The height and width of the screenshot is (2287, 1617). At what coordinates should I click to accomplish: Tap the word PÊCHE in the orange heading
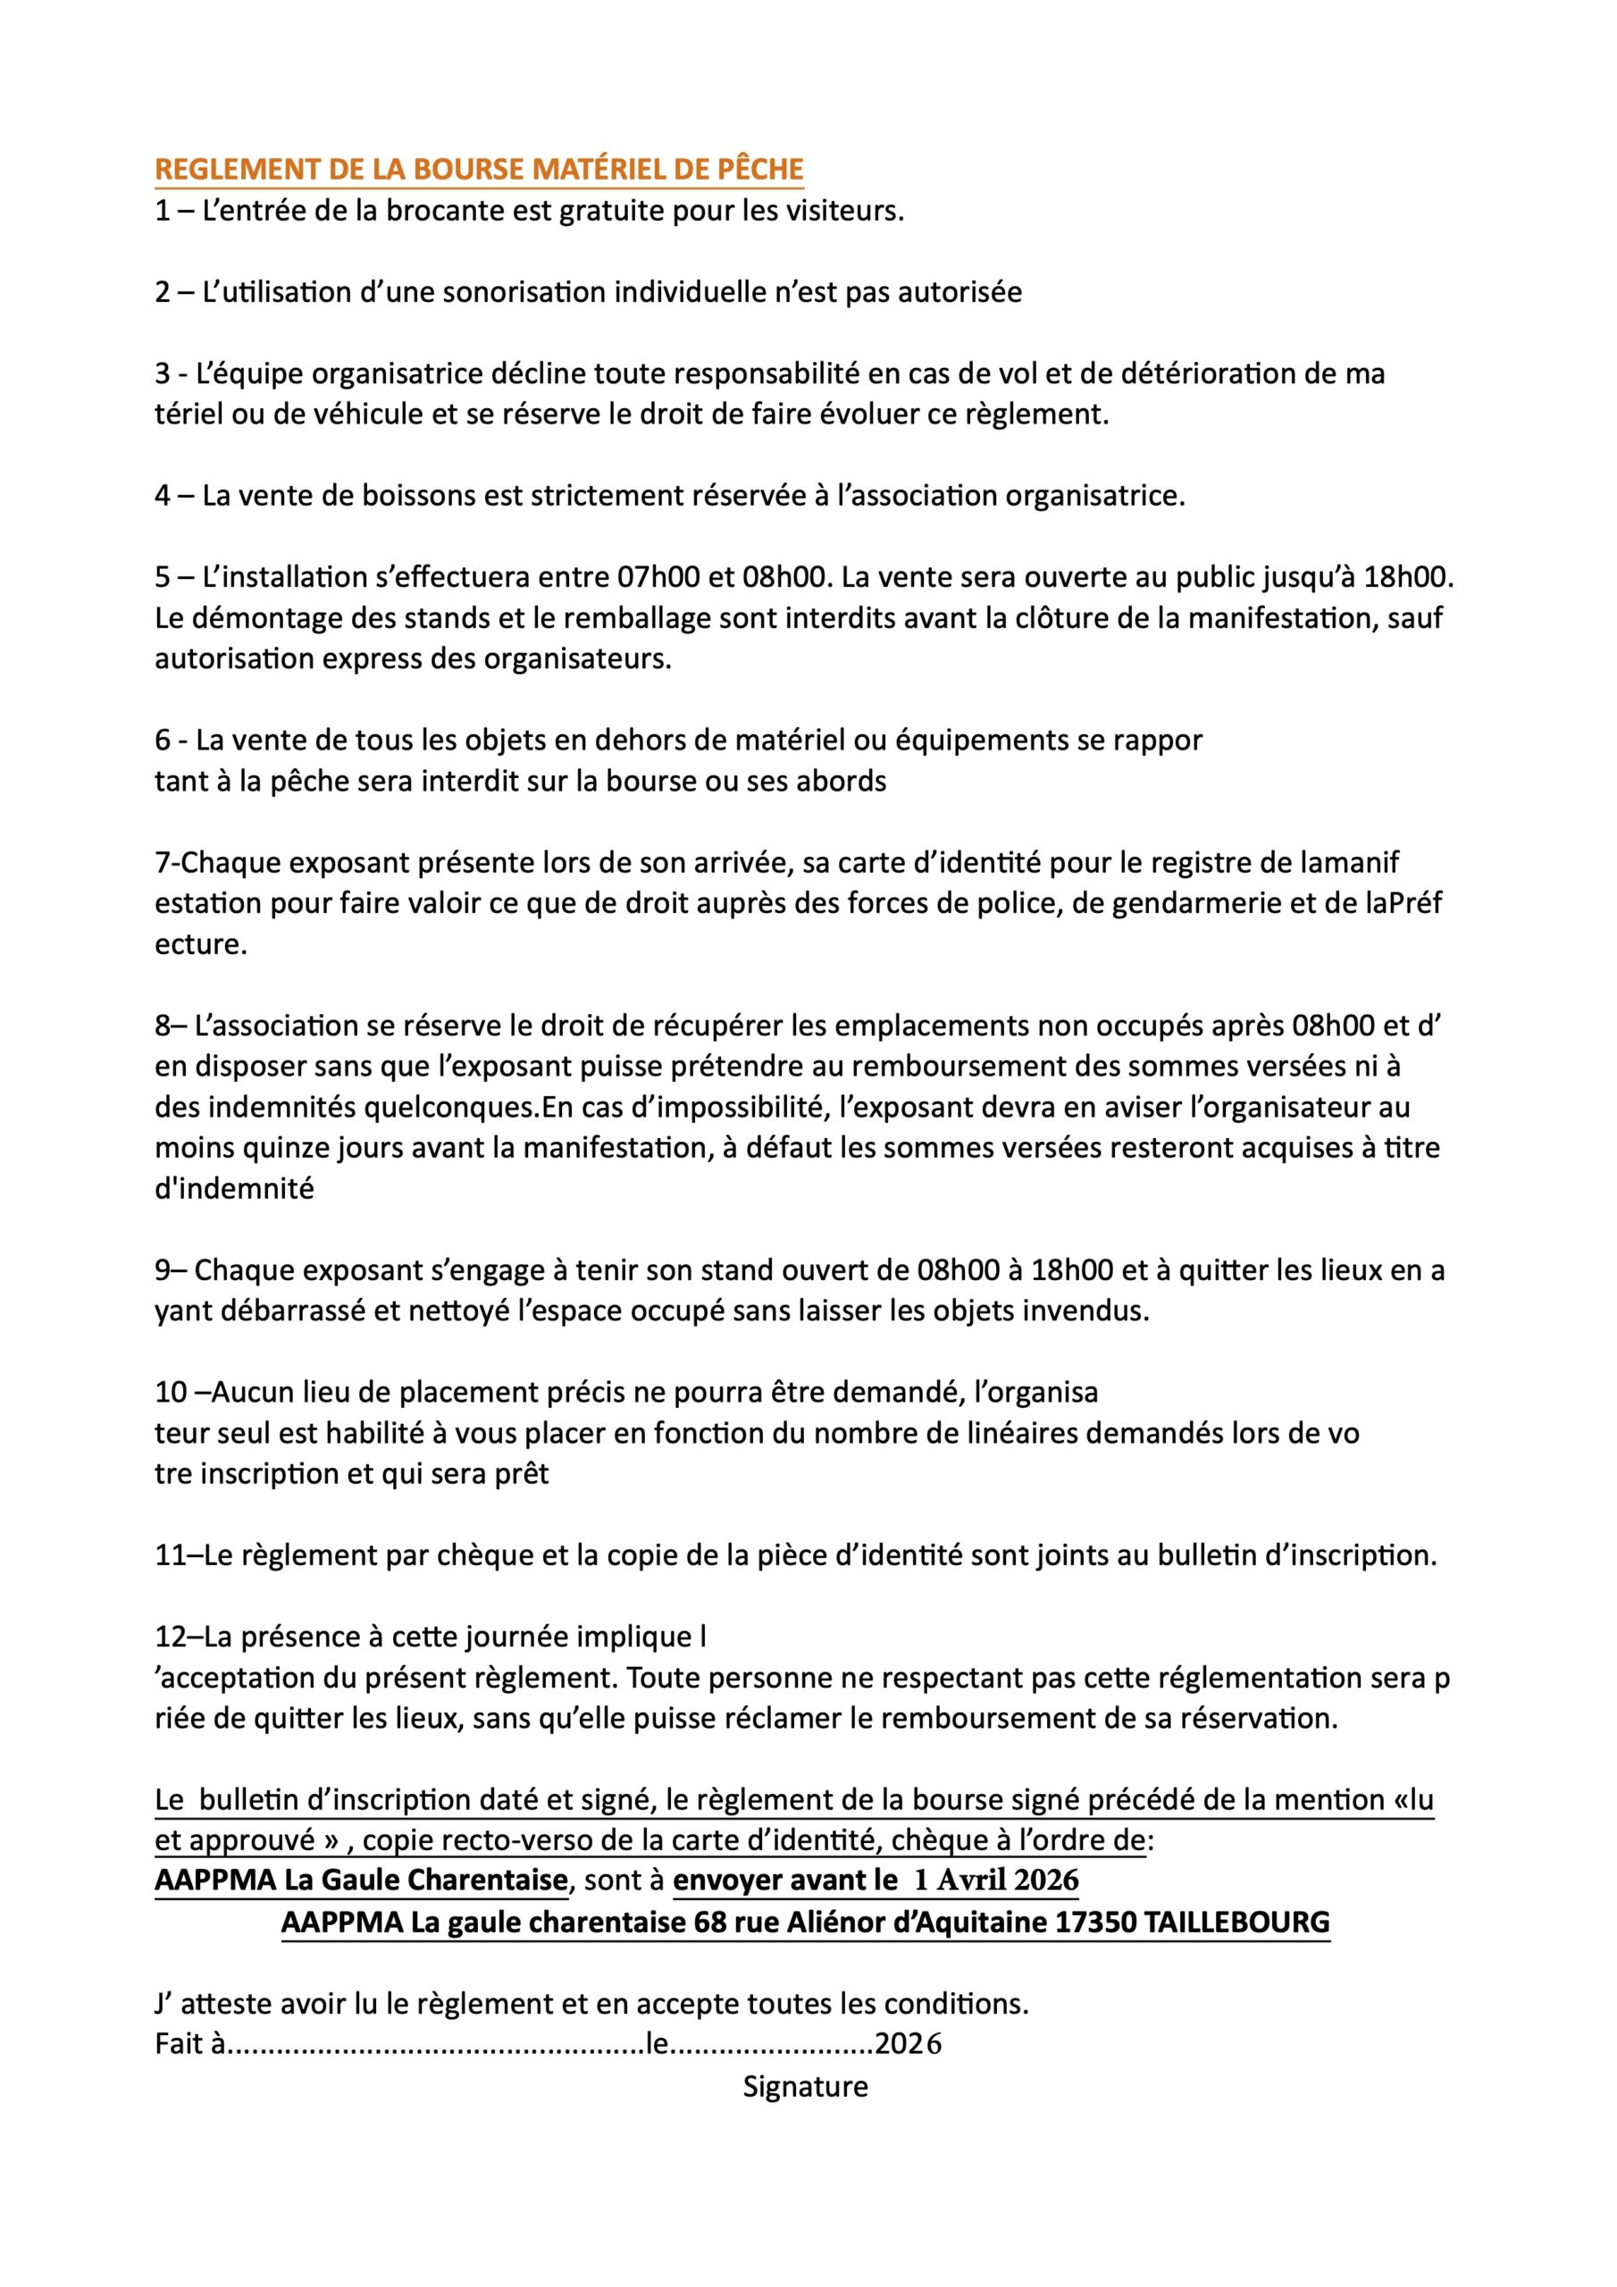click(x=759, y=170)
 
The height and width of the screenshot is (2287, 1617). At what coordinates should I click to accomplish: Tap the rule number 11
click(x=170, y=1556)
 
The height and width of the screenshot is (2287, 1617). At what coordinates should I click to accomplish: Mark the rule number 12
click(x=170, y=1638)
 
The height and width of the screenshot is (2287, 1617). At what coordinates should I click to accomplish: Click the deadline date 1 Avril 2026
click(x=995, y=1881)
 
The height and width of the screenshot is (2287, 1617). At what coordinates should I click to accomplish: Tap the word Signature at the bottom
click(x=805, y=2087)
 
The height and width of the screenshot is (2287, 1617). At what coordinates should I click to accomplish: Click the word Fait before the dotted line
click(x=180, y=2045)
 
